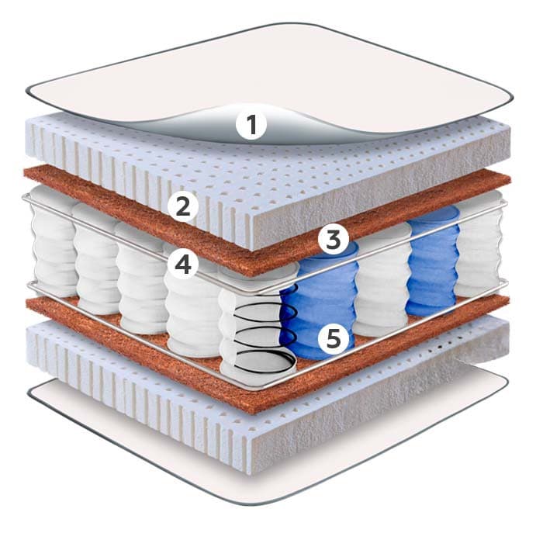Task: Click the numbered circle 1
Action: (251, 125)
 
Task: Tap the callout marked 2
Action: (183, 206)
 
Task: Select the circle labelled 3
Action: (333, 240)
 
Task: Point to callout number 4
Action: (182, 265)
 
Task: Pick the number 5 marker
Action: (333, 338)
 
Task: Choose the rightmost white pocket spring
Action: (482, 244)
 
